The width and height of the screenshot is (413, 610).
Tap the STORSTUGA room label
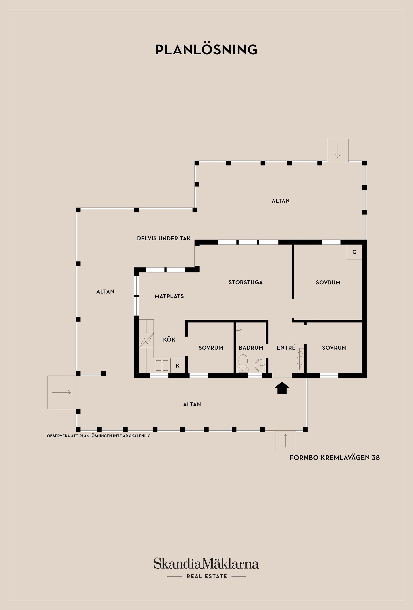(x=246, y=282)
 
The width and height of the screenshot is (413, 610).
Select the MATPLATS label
(x=169, y=296)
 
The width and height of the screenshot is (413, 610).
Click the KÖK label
(x=169, y=339)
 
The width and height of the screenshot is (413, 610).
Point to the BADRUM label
(x=251, y=348)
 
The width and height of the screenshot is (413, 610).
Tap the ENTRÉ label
(x=286, y=347)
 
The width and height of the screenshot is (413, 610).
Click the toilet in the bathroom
(x=243, y=364)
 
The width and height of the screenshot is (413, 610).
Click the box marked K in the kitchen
(x=178, y=365)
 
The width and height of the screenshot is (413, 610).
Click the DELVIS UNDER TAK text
(x=164, y=238)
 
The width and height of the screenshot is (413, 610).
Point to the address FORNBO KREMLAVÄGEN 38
(x=335, y=457)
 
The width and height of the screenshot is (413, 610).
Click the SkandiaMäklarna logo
(x=206, y=563)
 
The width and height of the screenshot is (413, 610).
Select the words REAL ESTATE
(x=207, y=576)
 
